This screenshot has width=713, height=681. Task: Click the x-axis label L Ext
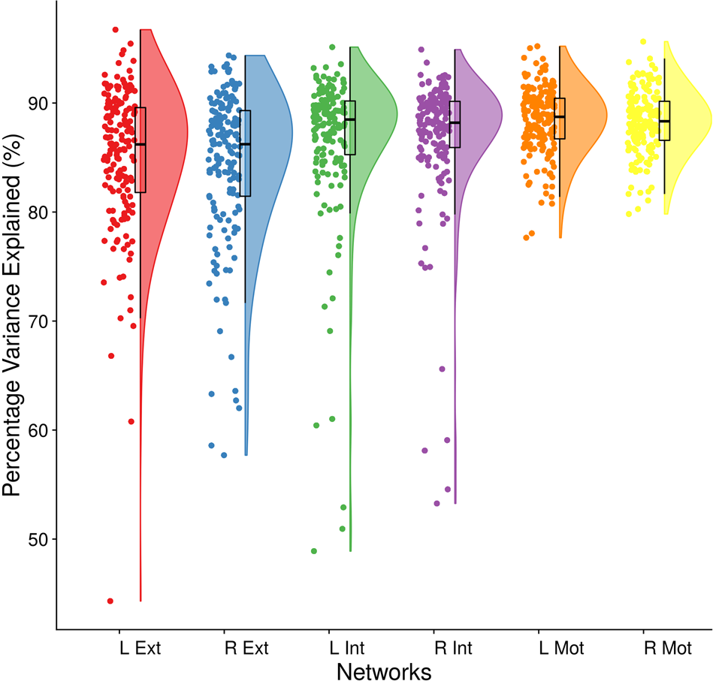click(140, 647)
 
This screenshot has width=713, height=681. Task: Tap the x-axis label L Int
click(349, 647)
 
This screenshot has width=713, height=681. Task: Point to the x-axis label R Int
click(453, 647)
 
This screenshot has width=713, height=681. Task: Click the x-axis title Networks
click(384, 670)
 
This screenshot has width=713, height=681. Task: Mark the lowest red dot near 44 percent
click(110, 601)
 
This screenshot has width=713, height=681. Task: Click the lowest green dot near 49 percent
click(314, 551)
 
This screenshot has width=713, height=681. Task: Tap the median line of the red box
click(140, 144)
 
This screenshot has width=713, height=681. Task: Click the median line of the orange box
click(559, 117)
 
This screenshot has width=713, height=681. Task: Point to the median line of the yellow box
click(663, 121)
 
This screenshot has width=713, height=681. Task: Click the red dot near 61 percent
click(131, 421)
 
